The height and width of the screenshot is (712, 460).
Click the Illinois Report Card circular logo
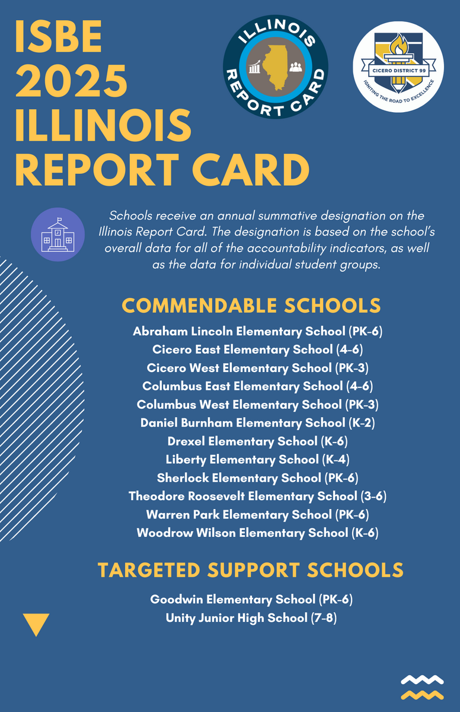275,66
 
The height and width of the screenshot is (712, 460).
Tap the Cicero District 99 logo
398,66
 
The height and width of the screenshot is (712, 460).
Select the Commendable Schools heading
251,306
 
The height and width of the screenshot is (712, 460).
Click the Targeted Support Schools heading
251,570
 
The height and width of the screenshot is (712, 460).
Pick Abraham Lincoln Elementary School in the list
258,331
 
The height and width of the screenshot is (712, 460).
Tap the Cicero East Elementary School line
258,349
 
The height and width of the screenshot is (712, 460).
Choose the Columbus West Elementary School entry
258,405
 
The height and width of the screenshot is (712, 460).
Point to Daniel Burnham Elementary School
258,423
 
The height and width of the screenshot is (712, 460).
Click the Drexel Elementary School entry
258,441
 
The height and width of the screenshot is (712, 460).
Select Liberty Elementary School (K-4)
258,460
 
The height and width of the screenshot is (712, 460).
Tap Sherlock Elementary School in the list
258,478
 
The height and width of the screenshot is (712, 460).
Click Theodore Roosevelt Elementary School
258,496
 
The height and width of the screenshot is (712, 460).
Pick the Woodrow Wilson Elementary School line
258,533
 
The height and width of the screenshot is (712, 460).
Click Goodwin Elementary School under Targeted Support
252,600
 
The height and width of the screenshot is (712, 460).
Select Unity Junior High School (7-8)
252,618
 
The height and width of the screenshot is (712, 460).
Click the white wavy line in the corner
422,679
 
